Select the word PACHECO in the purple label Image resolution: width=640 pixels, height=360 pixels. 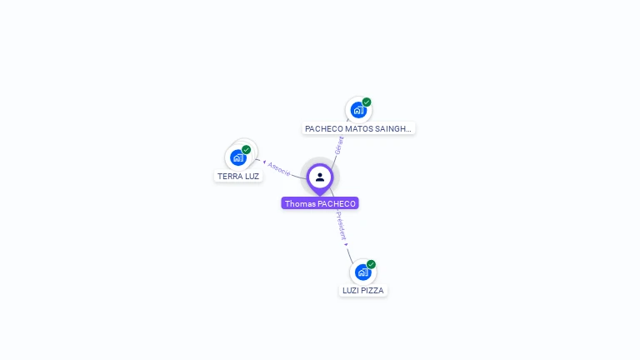coord(337,203)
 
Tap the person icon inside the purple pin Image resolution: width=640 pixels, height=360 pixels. coord(320,177)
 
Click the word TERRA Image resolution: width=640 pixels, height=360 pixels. coord(229,177)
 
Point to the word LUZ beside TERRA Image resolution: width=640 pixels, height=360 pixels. coord(252,177)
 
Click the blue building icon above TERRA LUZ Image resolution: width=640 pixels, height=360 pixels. coord(238,157)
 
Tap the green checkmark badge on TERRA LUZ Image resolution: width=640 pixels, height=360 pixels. coord(246,150)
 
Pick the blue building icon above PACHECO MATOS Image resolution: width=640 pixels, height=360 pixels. coord(358,110)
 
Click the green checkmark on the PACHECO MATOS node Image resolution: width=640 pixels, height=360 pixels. coord(367,102)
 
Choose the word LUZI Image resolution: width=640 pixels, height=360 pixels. coord(351,291)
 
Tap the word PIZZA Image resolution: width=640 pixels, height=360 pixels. coord(372,291)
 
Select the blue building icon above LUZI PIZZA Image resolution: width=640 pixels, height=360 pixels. coord(362,272)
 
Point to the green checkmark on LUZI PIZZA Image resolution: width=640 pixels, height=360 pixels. coord(371,264)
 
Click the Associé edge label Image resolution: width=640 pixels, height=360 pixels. coord(279,169)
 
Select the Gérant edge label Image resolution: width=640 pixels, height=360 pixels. coord(339,145)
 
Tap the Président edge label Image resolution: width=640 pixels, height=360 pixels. coord(341,226)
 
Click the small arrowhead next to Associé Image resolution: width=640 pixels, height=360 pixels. coord(264,162)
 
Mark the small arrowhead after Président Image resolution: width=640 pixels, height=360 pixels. coord(347,244)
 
